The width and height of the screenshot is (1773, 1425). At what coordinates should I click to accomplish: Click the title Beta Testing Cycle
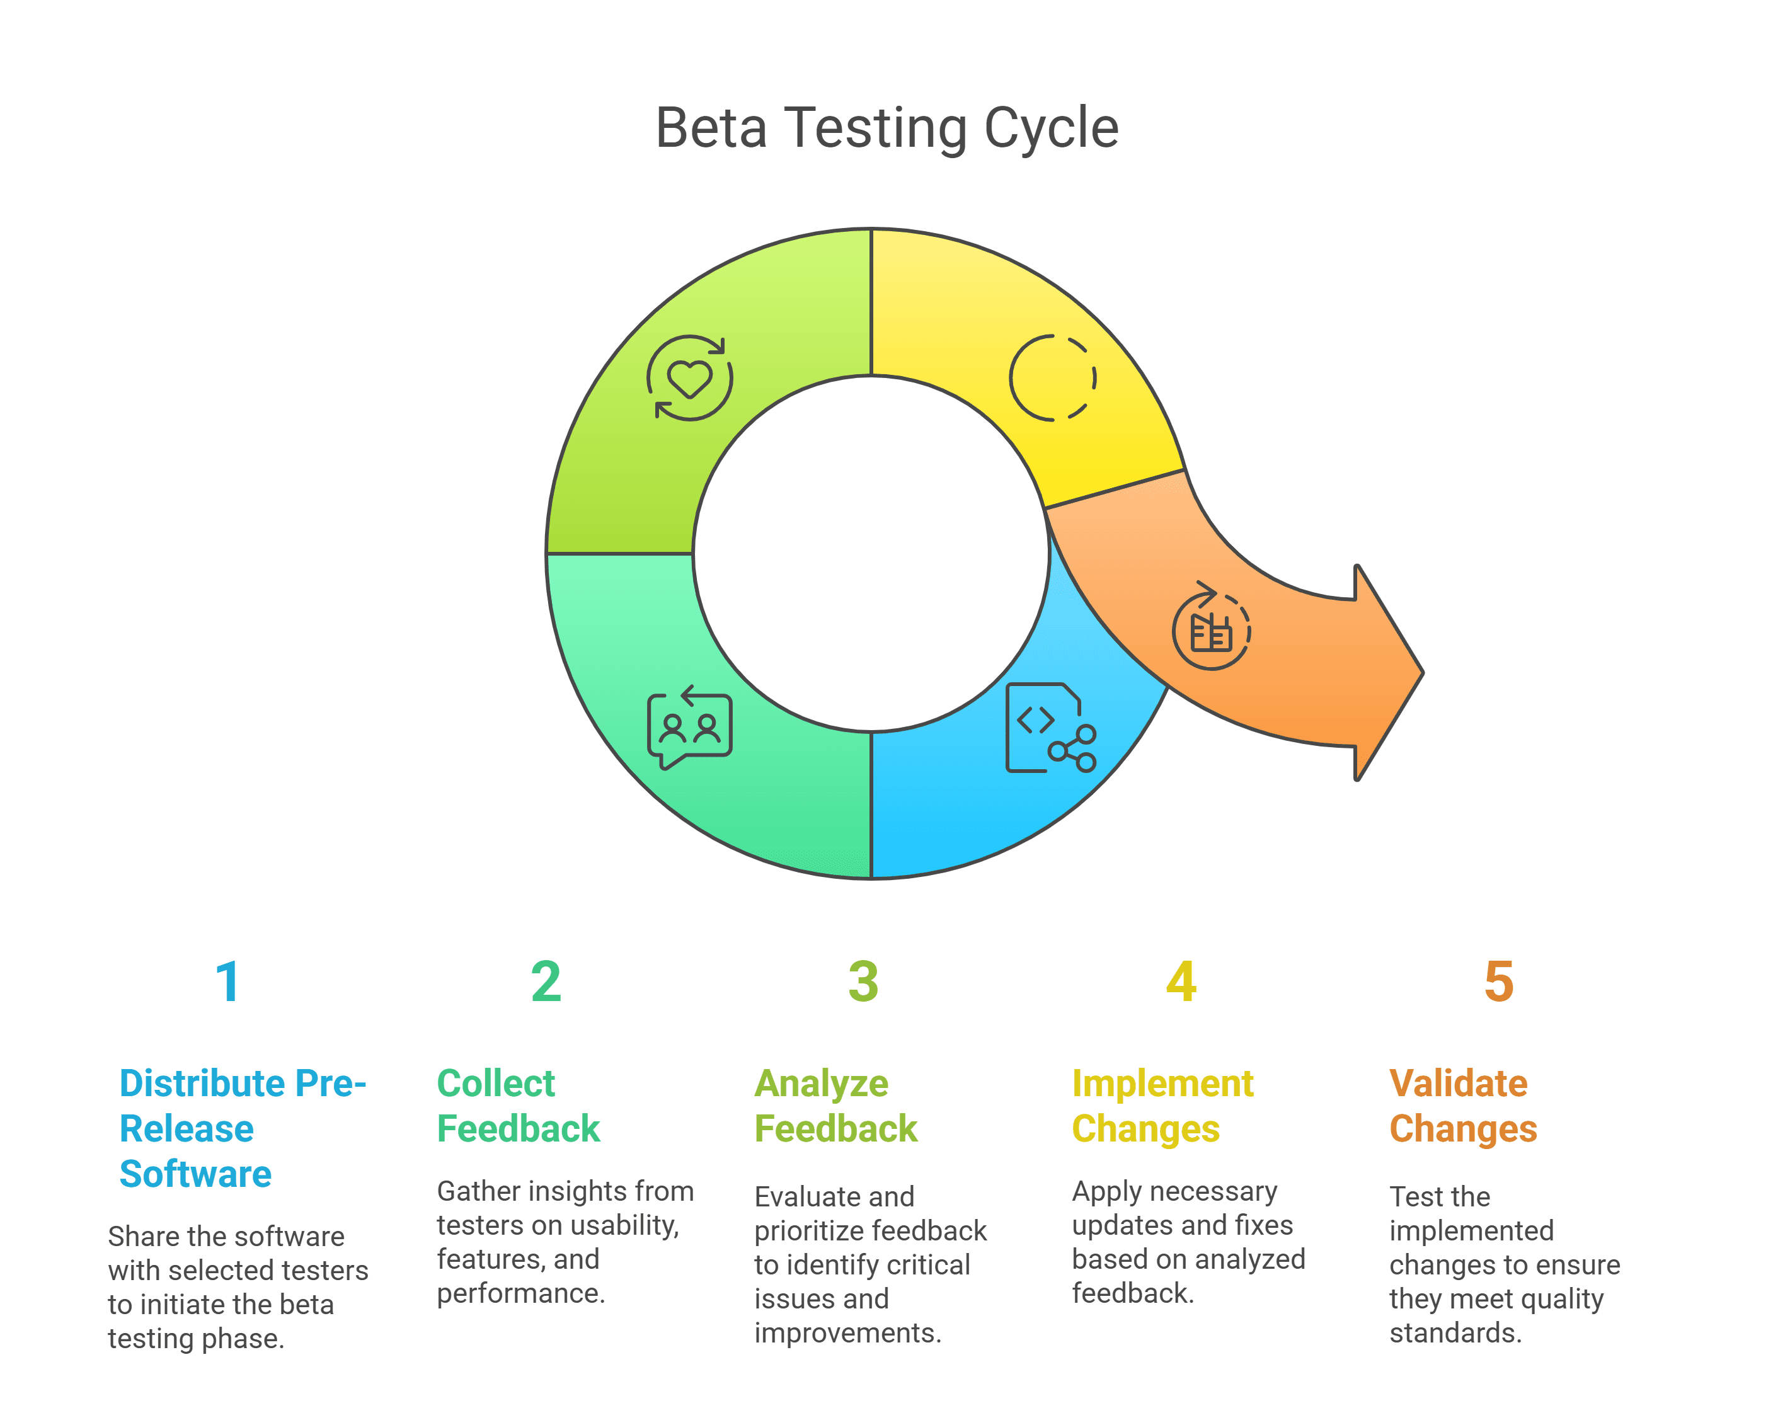point(886,129)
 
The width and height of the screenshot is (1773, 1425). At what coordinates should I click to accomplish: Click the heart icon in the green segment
point(689,378)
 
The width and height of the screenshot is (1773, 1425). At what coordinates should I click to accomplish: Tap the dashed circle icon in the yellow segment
point(1053,378)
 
